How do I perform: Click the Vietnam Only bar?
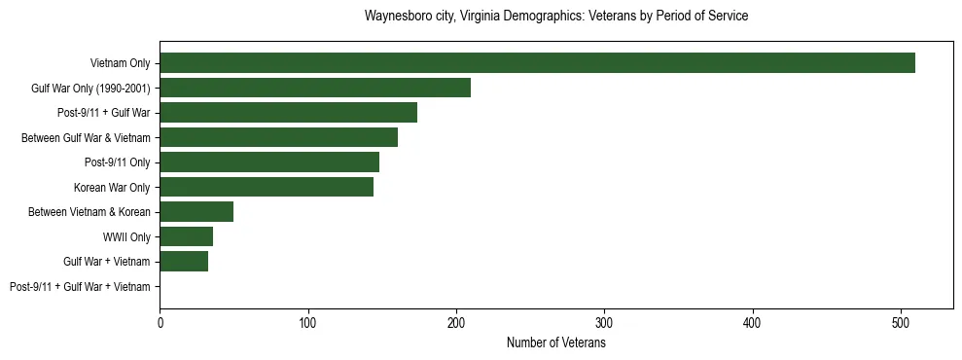click(x=537, y=63)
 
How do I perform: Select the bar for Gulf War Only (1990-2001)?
click(x=315, y=88)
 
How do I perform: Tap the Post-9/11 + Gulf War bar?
click(x=288, y=113)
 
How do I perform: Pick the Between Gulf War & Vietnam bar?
click(x=278, y=137)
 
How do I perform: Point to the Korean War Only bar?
click(x=267, y=187)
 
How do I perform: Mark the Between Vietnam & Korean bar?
click(x=196, y=212)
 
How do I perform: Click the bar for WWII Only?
click(x=186, y=236)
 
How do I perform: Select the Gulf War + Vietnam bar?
click(x=184, y=262)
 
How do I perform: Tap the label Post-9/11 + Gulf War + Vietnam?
click(x=80, y=287)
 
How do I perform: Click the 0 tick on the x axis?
click(x=160, y=322)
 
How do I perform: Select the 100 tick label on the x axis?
click(x=308, y=322)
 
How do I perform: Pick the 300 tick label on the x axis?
click(x=605, y=322)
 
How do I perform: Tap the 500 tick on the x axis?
click(x=901, y=322)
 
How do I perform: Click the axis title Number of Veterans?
click(x=556, y=342)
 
